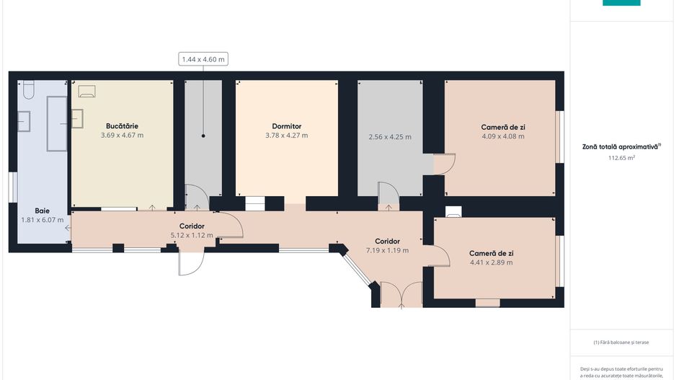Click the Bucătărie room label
(x=122, y=126)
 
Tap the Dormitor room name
(x=287, y=126)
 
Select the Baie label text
(x=43, y=211)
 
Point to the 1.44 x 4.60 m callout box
(x=203, y=59)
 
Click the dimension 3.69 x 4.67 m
(x=122, y=136)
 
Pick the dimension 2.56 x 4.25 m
(x=390, y=137)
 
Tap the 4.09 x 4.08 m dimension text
(x=503, y=136)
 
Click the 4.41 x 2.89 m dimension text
(x=491, y=262)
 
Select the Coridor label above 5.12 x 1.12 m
(x=192, y=226)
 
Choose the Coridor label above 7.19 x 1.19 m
(x=387, y=241)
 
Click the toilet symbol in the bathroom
(x=28, y=89)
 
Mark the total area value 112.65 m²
(x=621, y=158)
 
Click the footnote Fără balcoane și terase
(x=621, y=343)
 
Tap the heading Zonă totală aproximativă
(x=621, y=146)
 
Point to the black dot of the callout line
(x=203, y=136)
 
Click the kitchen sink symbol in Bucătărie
(x=77, y=119)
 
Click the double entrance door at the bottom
(x=401, y=295)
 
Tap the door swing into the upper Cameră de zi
(x=445, y=164)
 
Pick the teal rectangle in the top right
(x=621, y=3)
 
